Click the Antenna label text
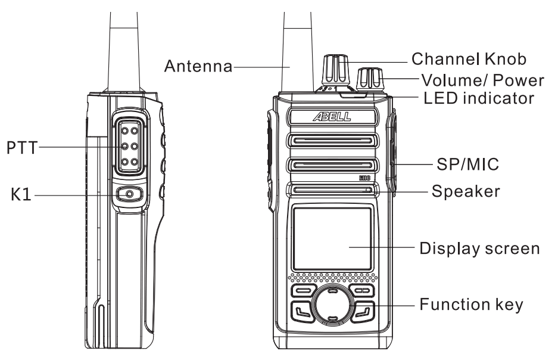coord(199,66)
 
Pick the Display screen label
coord(480,247)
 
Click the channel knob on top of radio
coord(335,70)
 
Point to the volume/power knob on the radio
coord(372,79)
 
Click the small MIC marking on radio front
coord(365,178)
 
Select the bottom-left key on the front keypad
coord(301,311)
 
